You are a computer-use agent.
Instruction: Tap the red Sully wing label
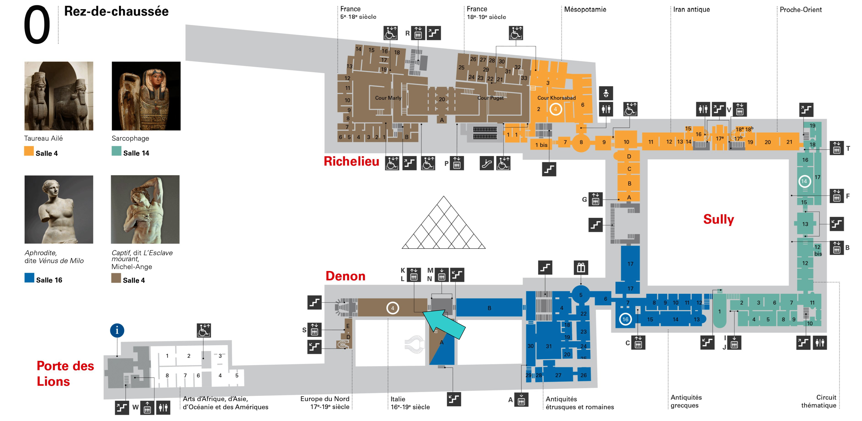718,219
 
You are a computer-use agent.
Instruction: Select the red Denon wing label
345,276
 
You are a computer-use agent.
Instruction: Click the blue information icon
117,331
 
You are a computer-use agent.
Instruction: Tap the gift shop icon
581,268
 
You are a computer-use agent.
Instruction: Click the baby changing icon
606,93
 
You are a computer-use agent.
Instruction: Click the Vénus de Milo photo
59,210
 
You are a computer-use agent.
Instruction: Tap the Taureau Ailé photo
59,96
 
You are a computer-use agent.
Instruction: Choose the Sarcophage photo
146,96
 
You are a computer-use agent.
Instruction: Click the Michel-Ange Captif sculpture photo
145,210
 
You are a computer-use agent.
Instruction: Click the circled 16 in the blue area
625,319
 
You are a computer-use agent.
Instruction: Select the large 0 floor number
37,25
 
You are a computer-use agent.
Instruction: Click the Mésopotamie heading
585,9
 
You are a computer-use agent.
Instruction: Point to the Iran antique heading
691,9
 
